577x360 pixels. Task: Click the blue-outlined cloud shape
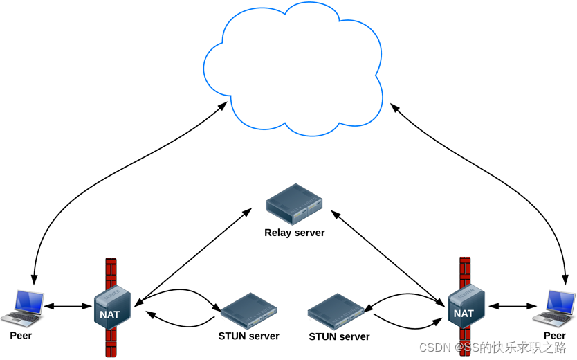tap(293, 70)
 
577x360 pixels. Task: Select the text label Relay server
tap(294, 233)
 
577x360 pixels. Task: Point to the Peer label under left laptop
tap(21, 336)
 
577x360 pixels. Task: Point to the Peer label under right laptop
tap(555, 336)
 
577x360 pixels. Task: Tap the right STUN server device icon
tap(336, 312)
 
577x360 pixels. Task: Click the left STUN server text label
tap(248, 336)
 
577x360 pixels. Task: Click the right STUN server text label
tap(339, 336)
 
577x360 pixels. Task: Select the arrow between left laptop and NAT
tap(68, 305)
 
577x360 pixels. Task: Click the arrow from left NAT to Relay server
tap(194, 255)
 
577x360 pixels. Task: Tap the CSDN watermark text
tap(493, 348)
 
